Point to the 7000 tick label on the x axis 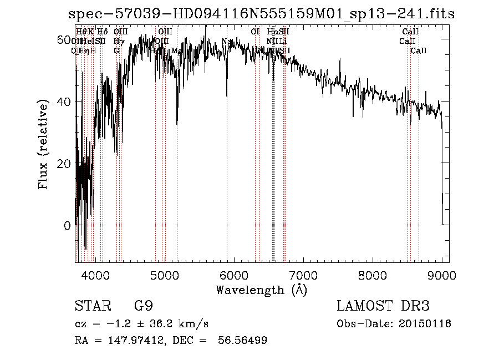[x=303, y=276]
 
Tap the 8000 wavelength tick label [x=372, y=276]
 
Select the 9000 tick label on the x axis [x=441, y=276]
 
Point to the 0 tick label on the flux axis [x=67, y=226]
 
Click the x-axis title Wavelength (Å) [x=261, y=290]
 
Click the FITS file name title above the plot [x=261, y=14]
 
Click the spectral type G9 [x=143, y=306]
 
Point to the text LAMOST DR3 [x=383, y=306]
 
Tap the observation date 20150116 [x=424, y=324]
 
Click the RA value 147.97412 [x=131, y=341]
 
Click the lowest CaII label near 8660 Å [x=419, y=51]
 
